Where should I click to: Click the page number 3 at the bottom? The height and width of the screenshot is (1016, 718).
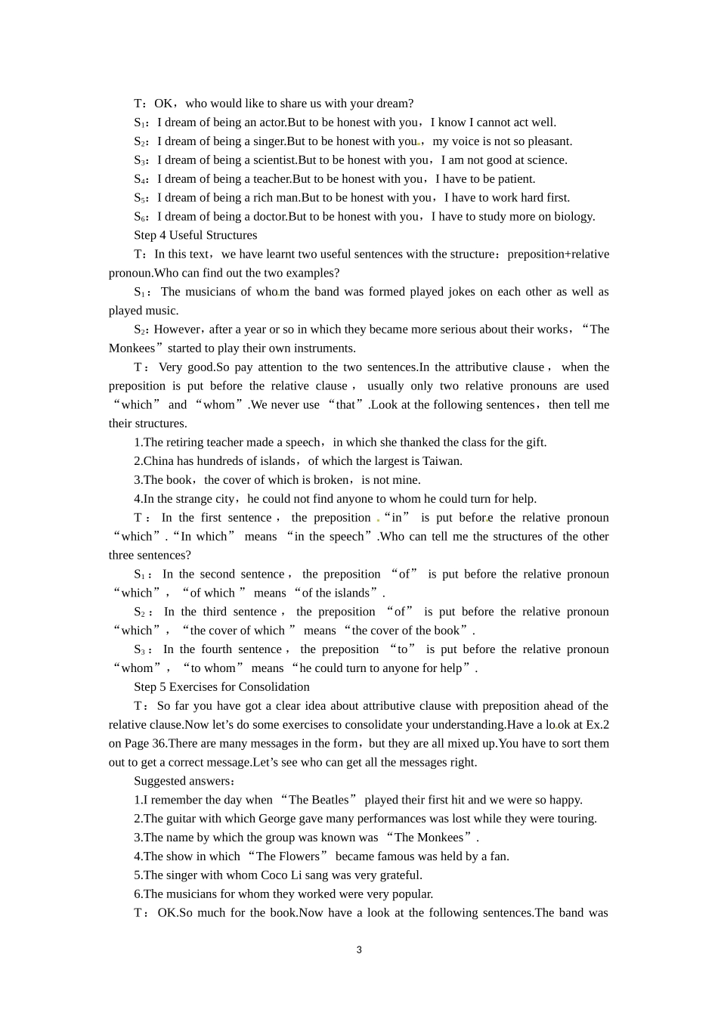point(359,950)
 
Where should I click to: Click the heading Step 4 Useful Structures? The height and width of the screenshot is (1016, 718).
point(195,235)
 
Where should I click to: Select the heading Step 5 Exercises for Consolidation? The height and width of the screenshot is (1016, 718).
point(221,687)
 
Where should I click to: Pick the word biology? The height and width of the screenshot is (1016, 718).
point(575,217)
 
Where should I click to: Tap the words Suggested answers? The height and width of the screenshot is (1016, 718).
point(181,781)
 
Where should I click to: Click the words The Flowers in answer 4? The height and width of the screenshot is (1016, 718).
point(288,856)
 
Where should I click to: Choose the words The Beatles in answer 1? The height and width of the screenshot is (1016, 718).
point(318,800)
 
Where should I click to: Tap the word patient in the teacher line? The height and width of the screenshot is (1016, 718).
point(515,179)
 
